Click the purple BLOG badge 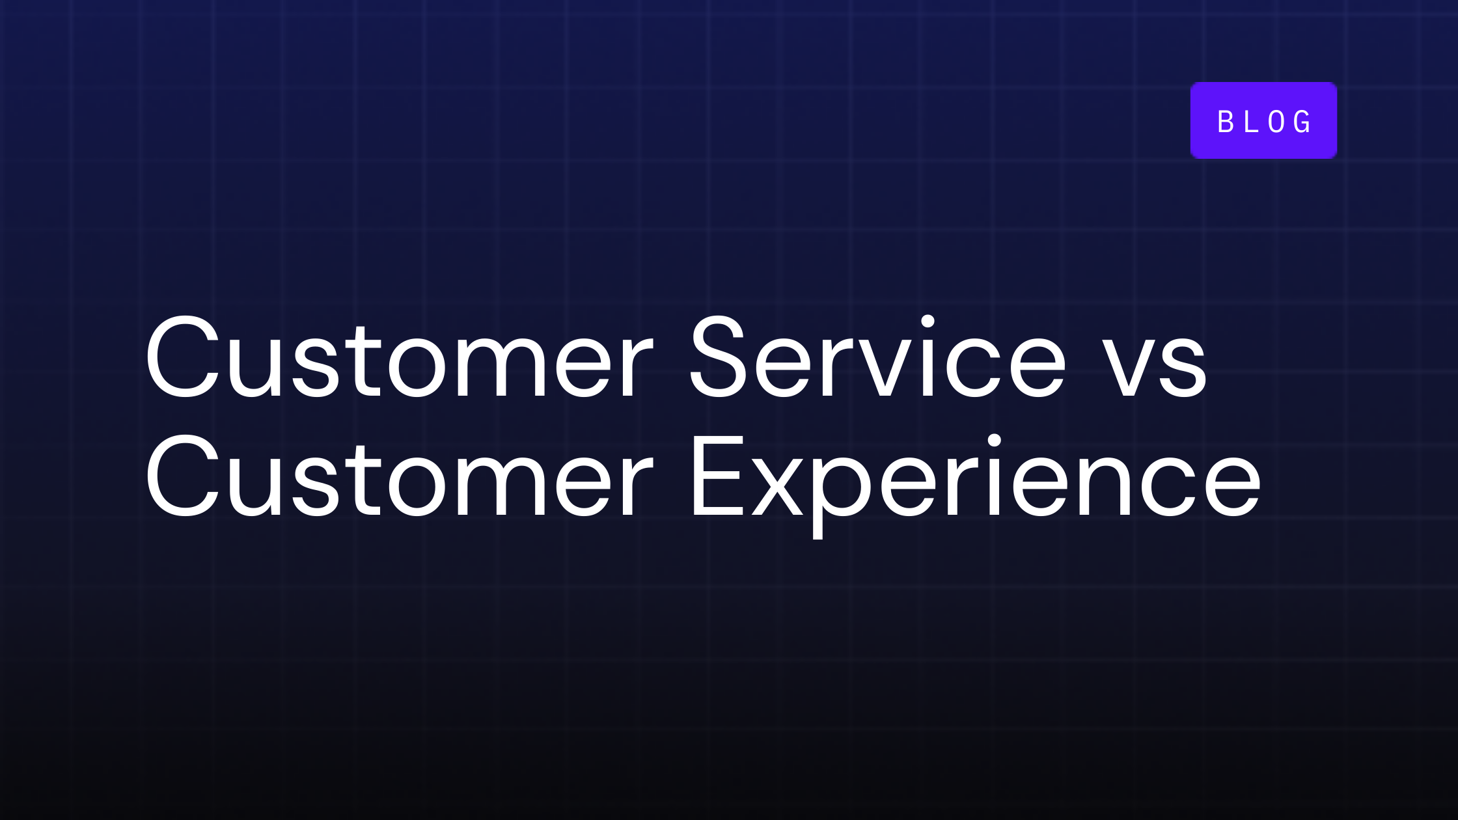[x=1263, y=120]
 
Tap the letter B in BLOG [x=1226, y=122]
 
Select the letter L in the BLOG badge [x=1251, y=122]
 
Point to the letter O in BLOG [x=1276, y=122]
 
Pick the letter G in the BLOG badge [x=1303, y=122]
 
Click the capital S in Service [x=717, y=357]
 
